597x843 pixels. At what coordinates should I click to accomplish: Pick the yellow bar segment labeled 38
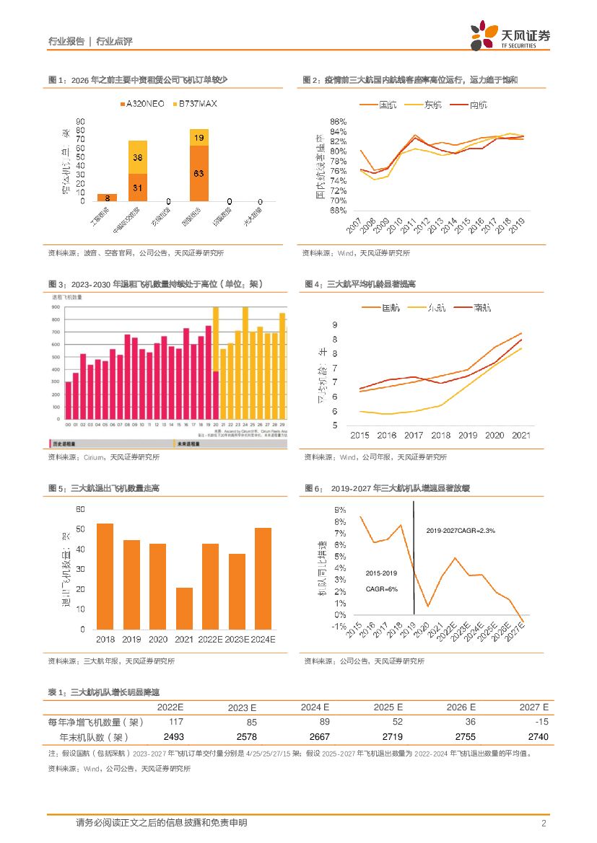click(x=137, y=157)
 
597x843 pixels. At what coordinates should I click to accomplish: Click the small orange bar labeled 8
click(x=107, y=197)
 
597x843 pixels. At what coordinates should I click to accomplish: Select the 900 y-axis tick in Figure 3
click(x=56, y=307)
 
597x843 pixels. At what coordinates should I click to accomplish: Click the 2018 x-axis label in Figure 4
click(x=442, y=436)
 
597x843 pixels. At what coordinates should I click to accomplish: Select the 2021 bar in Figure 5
click(x=184, y=608)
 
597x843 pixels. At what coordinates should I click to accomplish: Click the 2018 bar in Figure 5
click(x=105, y=576)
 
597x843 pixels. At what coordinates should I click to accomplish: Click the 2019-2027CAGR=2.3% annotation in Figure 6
click(x=461, y=530)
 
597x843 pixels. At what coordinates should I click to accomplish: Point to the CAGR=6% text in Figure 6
click(x=382, y=588)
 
